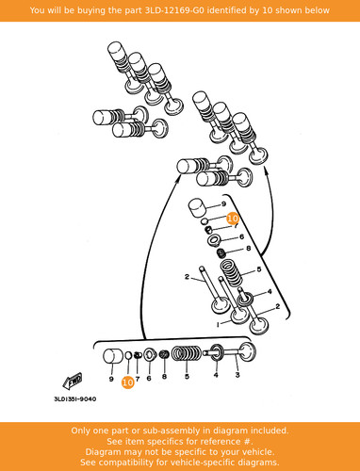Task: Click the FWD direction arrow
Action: click(73, 381)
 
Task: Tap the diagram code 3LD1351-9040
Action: click(75, 399)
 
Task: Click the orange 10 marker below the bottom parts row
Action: click(128, 382)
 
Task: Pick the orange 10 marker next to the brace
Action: click(233, 219)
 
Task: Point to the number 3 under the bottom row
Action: click(237, 375)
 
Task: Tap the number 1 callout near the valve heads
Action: click(218, 325)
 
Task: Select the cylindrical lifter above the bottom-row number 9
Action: click(113, 356)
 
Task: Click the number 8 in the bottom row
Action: click(164, 376)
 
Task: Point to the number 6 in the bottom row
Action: click(149, 379)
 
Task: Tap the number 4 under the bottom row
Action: click(216, 375)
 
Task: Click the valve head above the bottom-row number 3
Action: click(248, 351)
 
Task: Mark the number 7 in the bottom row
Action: click(138, 379)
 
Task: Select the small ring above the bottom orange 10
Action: click(128, 355)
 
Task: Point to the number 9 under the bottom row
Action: click(111, 379)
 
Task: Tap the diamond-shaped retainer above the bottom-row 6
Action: click(150, 355)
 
